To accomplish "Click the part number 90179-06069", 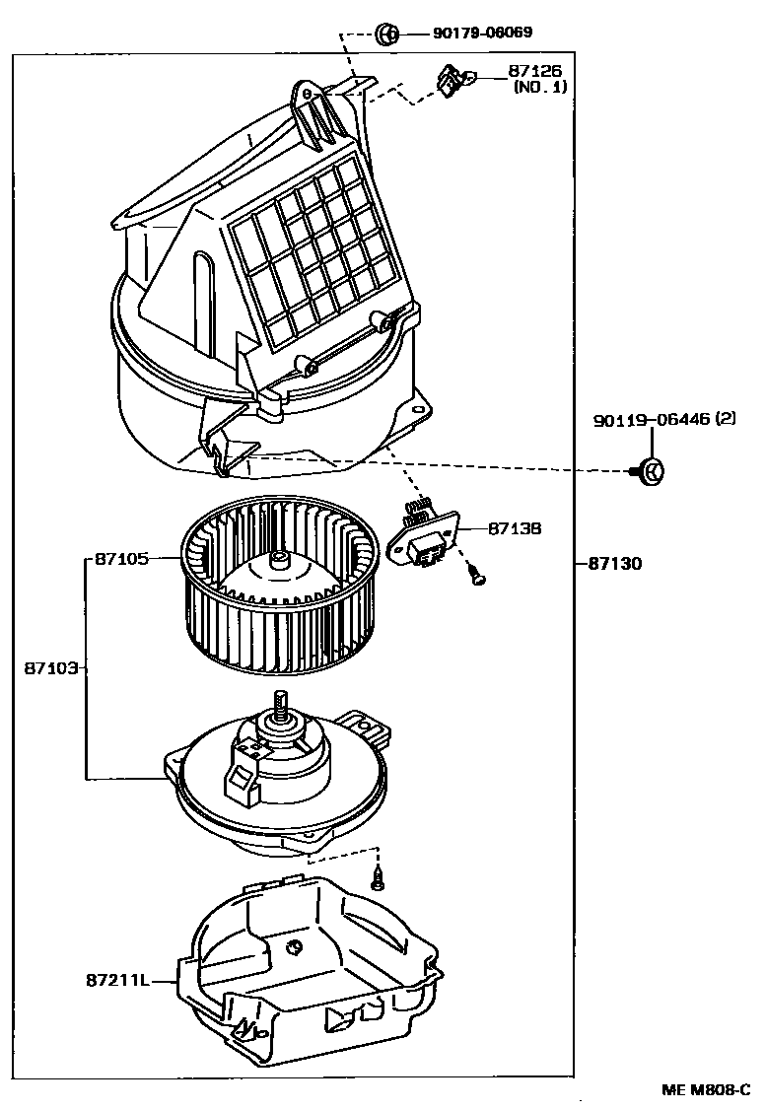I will [483, 33].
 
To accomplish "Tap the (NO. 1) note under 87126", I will [540, 87].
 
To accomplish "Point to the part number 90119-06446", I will [650, 421].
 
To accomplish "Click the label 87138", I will [513, 528].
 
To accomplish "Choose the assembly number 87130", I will [615, 564].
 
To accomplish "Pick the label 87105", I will [121, 559].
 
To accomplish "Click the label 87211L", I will [116, 980].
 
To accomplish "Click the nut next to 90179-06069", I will [388, 35].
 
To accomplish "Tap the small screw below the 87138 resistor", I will [477, 575].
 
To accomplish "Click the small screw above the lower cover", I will [378, 875].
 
